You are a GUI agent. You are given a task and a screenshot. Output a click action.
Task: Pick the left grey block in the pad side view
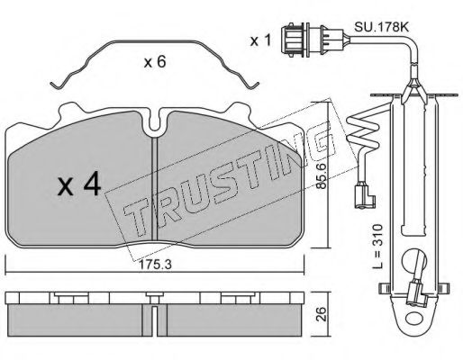tap(77, 316)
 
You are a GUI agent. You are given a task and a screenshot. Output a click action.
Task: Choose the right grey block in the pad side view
tap(234, 316)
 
